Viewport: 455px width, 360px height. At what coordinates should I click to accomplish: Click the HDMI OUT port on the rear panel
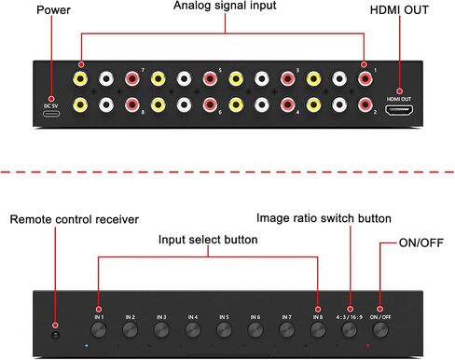pyautogui.click(x=399, y=111)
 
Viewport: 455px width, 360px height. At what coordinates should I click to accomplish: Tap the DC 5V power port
pyautogui.click(x=51, y=114)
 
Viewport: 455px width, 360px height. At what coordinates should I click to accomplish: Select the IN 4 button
pyautogui.click(x=193, y=329)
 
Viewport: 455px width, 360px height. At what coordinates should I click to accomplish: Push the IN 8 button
pyautogui.click(x=318, y=329)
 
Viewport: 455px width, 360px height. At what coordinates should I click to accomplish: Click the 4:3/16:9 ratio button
pyautogui.click(x=350, y=329)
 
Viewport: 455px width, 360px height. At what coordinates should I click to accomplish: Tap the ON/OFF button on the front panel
pyautogui.click(x=380, y=329)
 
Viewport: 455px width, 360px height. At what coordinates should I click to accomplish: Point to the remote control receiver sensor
pyautogui.click(x=56, y=335)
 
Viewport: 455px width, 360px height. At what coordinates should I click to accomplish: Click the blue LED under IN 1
pyautogui.click(x=87, y=345)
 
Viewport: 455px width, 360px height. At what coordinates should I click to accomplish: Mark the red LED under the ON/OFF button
pyautogui.click(x=368, y=345)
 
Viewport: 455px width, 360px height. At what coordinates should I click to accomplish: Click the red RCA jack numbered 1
pyautogui.click(x=365, y=78)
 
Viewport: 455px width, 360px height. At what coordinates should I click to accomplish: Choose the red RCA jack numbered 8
pyautogui.click(x=132, y=105)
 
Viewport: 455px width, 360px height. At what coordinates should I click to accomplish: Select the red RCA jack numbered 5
pyautogui.click(x=210, y=78)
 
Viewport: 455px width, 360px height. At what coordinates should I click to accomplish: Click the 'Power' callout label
pyautogui.click(x=53, y=9)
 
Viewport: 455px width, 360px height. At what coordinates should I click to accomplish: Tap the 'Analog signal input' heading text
pyautogui.click(x=225, y=6)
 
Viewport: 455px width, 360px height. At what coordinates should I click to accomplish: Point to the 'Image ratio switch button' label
pyautogui.click(x=324, y=218)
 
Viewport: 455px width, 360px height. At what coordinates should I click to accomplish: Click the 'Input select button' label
pyautogui.click(x=208, y=240)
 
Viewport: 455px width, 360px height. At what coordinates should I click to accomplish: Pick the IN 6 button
pyautogui.click(x=255, y=329)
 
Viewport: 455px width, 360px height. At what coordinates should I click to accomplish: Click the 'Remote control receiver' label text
pyautogui.click(x=75, y=219)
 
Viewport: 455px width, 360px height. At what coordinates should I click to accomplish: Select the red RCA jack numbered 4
pyautogui.click(x=287, y=105)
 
